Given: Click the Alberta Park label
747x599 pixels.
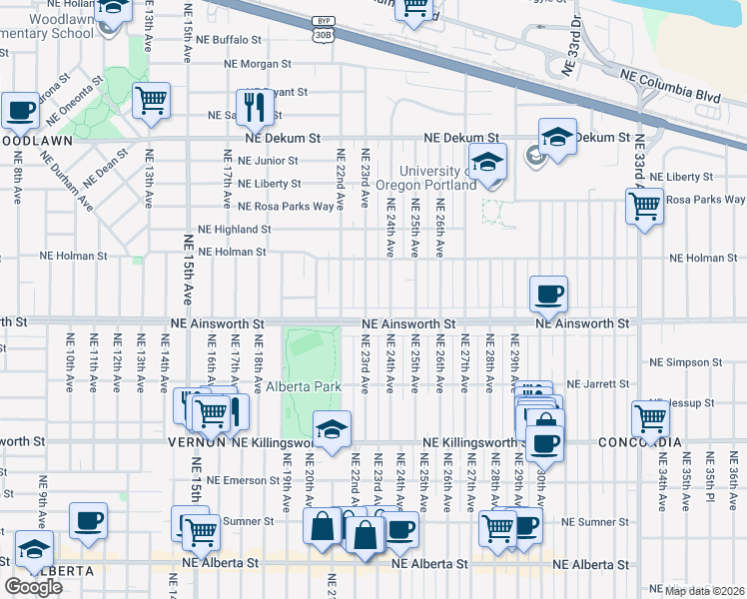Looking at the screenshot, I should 305,386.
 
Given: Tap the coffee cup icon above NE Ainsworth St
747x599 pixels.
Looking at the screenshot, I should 548,294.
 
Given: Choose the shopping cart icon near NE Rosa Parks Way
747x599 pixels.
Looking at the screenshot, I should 644,206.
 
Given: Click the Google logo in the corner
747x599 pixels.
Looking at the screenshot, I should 33,586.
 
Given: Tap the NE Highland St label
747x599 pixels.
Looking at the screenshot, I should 234,229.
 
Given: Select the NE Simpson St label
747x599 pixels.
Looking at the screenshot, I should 684,362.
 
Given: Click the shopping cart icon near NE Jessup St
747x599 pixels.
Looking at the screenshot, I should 650,416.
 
